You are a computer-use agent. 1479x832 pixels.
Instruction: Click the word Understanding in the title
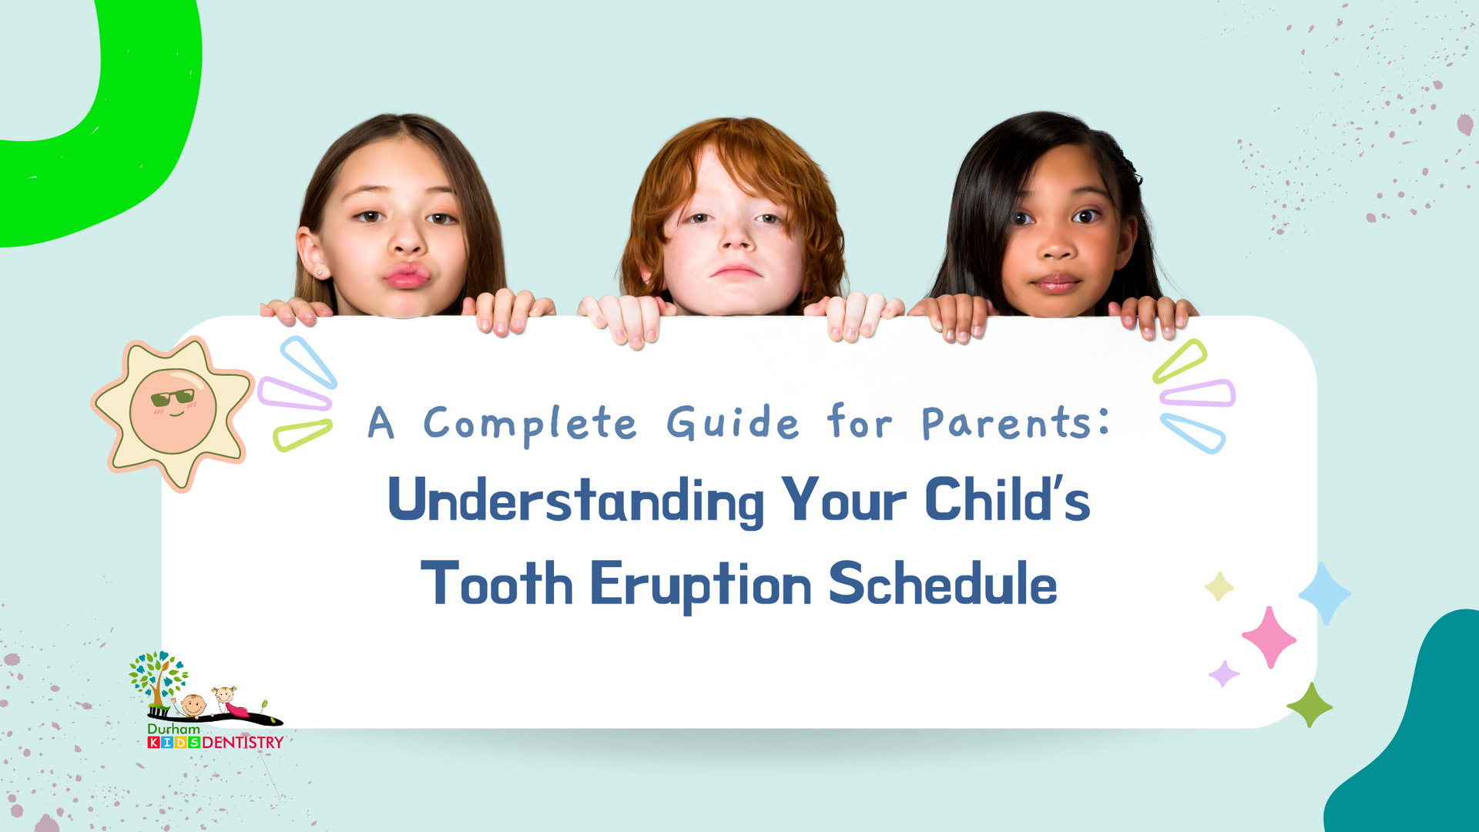(x=575, y=501)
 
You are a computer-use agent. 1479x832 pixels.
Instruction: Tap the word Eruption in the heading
(x=700, y=585)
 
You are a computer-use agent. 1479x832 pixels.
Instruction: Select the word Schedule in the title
(x=942, y=583)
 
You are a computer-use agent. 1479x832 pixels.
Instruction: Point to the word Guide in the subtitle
(x=733, y=422)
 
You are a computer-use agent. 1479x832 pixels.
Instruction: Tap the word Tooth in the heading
(x=497, y=583)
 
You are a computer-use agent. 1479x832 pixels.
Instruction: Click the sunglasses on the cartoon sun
(x=173, y=398)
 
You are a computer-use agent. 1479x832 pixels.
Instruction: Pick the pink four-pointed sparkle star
(x=1269, y=636)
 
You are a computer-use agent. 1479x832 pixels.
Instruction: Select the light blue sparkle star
(x=1324, y=592)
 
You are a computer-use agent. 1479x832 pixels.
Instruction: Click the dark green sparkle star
(x=1309, y=705)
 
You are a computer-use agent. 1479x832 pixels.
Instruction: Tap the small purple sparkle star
(x=1223, y=673)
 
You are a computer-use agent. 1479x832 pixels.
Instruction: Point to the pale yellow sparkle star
(x=1219, y=587)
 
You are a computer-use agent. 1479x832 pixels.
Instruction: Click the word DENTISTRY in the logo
(x=243, y=743)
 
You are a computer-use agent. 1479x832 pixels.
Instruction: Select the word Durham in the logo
(x=173, y=729)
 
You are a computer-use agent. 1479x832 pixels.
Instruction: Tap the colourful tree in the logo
(x=158, y=676)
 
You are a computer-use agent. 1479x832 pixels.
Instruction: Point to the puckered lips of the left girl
(x=407, y=275)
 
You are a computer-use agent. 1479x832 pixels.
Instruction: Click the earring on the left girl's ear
(x=319, y=272)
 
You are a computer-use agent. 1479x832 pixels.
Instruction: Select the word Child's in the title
(x=1007, y=501)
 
